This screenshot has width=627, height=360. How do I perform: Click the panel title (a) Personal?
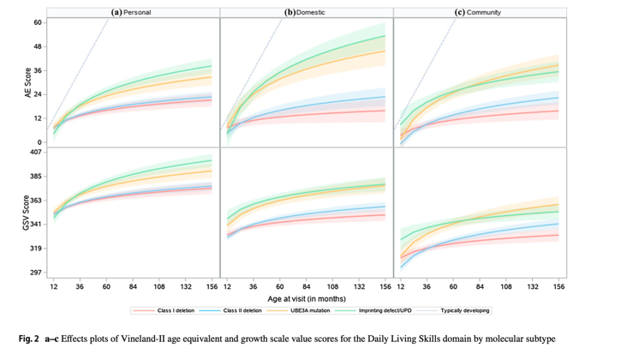[133, 13]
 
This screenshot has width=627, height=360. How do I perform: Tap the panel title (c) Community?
[478, 13]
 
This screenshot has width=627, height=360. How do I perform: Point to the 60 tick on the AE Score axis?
[38, 22]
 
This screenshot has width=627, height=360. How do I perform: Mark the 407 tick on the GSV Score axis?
[36, 153]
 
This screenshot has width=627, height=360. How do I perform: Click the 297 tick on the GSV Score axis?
[36, 273]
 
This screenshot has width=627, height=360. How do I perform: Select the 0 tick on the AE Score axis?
[40, 142]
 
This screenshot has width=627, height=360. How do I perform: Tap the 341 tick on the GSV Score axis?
[36, 225]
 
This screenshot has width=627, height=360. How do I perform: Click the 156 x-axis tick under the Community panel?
[558, 285]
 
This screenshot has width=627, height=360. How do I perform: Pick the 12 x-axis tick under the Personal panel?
[53, 285]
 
